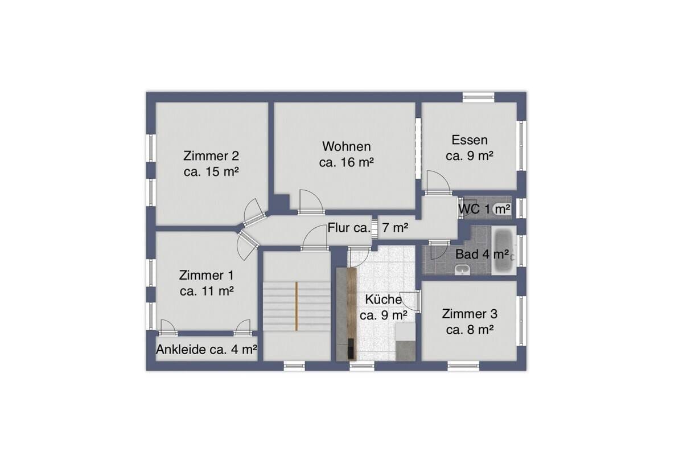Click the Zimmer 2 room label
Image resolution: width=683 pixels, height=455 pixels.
click(x=211, y=164)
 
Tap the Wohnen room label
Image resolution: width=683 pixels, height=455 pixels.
click(x=347, y=154)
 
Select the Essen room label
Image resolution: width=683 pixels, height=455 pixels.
click(x=469, y=148)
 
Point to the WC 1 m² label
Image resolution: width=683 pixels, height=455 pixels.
click(x=484, y=210)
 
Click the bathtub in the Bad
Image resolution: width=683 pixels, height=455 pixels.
click(x=504, y=250)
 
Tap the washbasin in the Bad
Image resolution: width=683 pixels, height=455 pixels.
click(x=462, y=270)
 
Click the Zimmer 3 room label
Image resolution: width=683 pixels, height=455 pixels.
click(x=470, y=322)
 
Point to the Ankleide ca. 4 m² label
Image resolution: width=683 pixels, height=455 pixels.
click(x=207, y=350)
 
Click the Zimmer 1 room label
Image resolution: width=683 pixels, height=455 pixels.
click(x=207, y=283)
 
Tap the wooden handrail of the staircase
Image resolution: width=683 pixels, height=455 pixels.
click(x=296, y=306)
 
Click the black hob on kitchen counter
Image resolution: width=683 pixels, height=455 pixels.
click(x=351, y=349)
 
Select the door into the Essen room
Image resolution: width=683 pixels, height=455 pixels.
click(x=438, y=182)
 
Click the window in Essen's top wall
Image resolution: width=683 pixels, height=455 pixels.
click(x=478, y=97)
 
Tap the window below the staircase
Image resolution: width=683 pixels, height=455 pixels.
click(x=294, y=366)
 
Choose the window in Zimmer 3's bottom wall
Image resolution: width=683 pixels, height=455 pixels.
click(x=463, y=366)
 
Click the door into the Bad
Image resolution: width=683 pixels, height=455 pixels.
click(x=439, y=250)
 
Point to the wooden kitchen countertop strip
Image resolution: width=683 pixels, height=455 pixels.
click(x=352, y=314)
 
